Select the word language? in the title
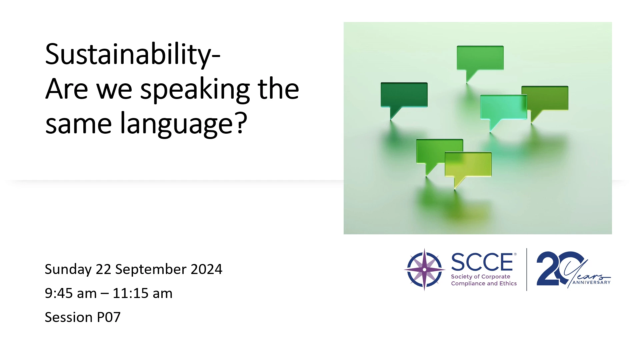click(x=184, y=124)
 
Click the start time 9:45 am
click(x=71, y=293)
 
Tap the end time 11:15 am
click(x=143, y=293)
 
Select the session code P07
click(x=109, y=317)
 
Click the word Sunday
click(x=68, y=270)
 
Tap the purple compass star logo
click(x=424, y=269)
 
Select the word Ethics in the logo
click(x=508, y=283)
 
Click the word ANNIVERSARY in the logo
click(x=591, y=282)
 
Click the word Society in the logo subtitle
click(x=462, y=277)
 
